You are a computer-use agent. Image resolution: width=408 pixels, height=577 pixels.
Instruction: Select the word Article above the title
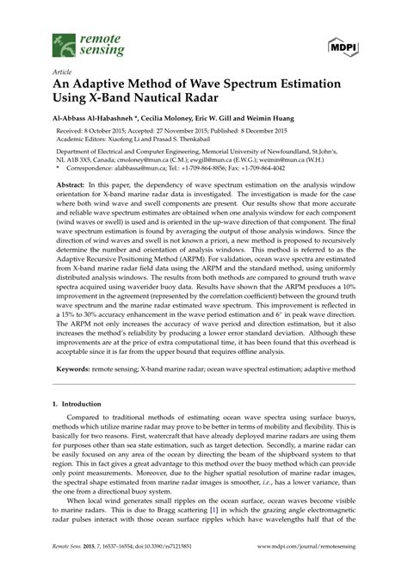(62, 72)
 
